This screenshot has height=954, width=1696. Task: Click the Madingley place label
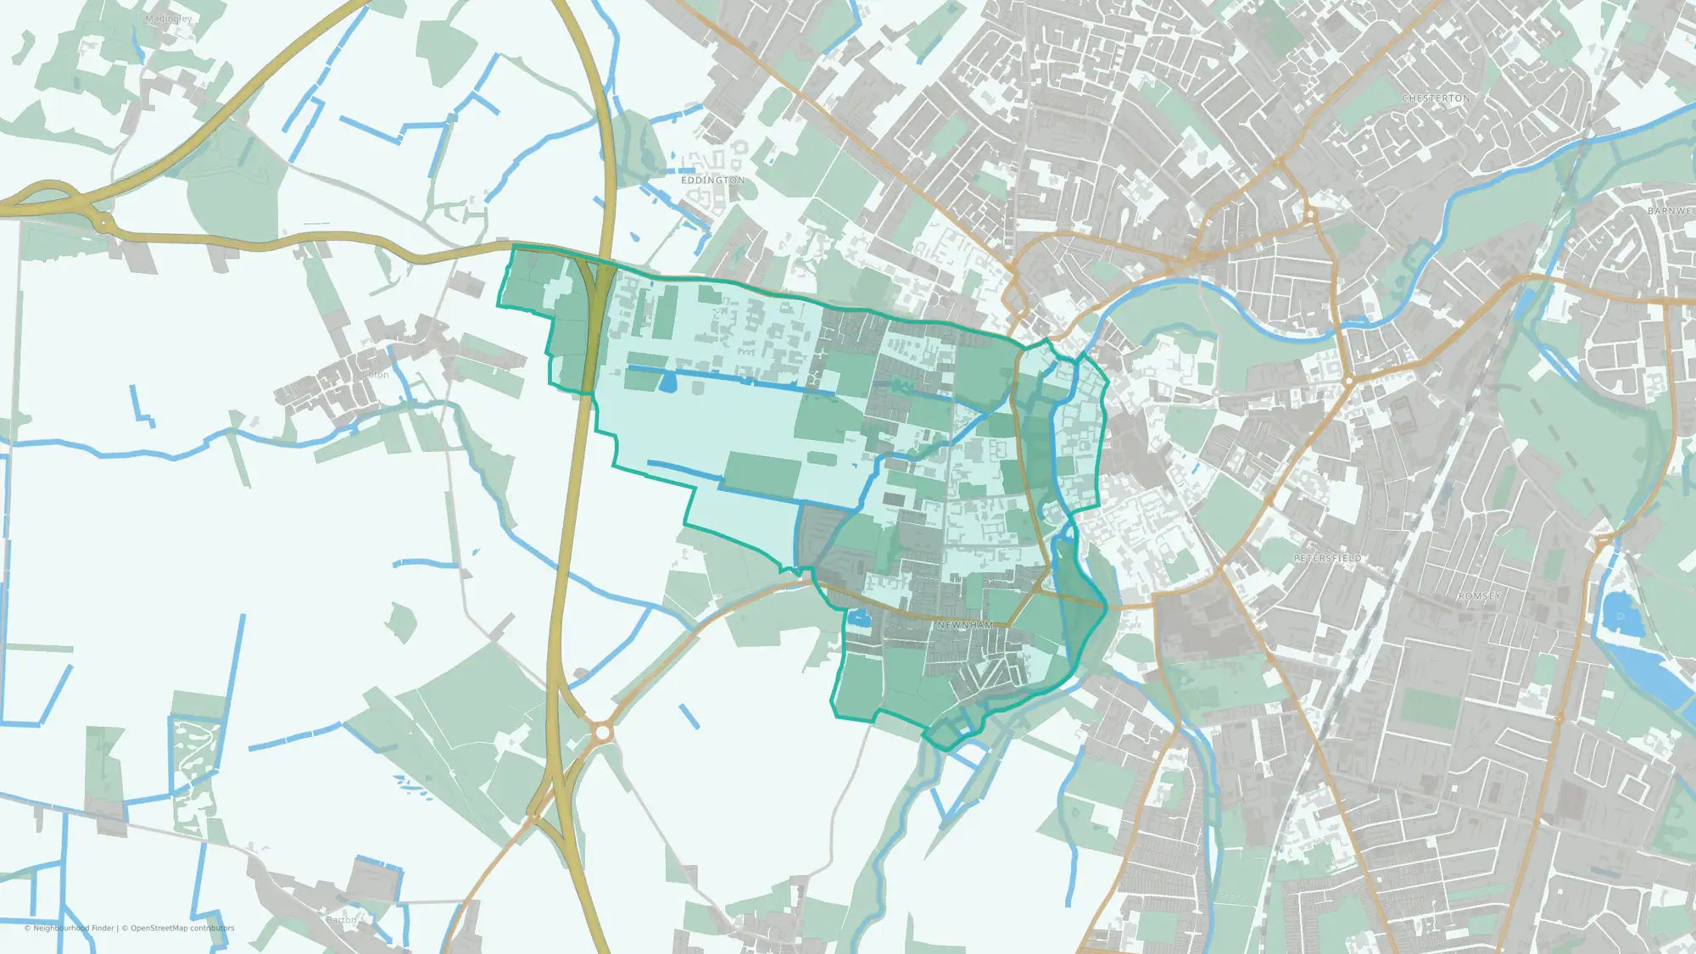169,19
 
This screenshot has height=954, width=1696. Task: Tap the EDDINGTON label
713,181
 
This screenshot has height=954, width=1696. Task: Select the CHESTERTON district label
1436,98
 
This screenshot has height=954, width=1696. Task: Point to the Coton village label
376,375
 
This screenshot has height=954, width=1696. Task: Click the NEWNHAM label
965,625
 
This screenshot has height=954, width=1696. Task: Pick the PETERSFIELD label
1327,558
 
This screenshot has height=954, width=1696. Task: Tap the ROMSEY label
1479,596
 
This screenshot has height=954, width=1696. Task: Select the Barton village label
342,919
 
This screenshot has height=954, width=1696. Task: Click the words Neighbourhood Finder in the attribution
74,929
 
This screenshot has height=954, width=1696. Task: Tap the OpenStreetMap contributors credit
182,929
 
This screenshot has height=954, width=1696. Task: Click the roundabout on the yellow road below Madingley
103,223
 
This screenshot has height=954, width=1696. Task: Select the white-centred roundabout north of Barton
603,731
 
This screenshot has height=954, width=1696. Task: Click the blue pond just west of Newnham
860,618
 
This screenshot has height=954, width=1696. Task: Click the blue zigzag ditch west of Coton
142,407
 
